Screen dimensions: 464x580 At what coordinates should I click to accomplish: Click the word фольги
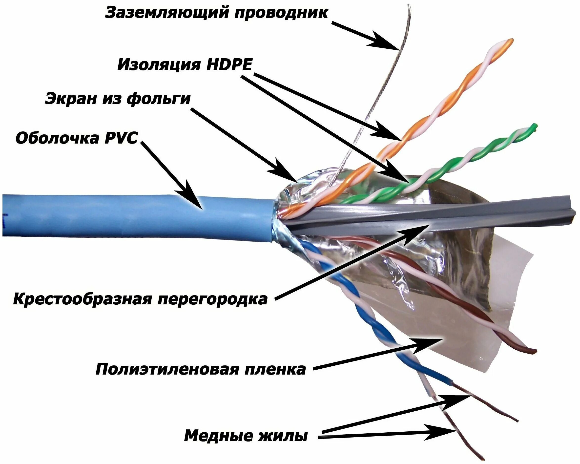point(159,99)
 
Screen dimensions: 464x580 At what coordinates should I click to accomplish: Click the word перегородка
point(212,299)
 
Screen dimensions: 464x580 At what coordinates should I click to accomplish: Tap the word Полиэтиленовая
point(167,369)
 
